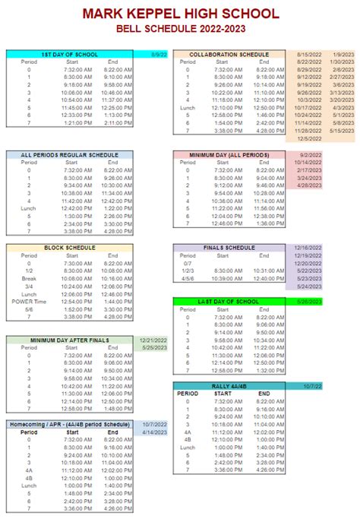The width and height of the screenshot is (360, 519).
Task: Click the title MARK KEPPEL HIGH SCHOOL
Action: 180,13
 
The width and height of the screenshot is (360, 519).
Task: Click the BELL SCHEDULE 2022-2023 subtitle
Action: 180,28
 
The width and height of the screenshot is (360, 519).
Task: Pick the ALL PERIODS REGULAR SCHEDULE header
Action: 70,154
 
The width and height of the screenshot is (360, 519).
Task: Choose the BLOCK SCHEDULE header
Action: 70,248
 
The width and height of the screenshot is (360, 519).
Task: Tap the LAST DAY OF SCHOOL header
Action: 229,302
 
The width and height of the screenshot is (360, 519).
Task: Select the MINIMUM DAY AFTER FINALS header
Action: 70,340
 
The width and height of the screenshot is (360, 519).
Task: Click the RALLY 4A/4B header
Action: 229,385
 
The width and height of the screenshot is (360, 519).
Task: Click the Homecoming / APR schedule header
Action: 70,423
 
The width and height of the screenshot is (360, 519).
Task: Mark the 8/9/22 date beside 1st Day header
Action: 159,55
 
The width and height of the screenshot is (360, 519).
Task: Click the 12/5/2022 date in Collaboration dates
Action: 310,138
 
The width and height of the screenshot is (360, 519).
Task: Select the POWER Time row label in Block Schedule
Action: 30,302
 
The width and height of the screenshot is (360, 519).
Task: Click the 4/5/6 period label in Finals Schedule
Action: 188,278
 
